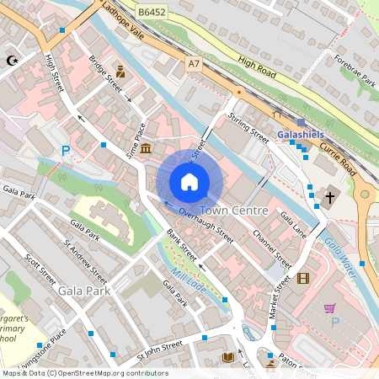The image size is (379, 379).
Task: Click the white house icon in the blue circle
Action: tap(189, 182)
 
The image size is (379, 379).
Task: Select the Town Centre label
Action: tap(235, 210)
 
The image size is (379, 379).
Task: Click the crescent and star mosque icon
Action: tap(12, 61)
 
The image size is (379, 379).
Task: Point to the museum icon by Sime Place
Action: tap(147, 150)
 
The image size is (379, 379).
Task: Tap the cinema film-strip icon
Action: tap(302, 279)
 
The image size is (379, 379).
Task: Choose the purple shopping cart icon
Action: tap(329, 308)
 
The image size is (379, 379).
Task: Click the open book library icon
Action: tap(227, 358)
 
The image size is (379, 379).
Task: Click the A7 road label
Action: tap(195, 63)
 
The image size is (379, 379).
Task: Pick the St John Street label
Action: tap(159, 348)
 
